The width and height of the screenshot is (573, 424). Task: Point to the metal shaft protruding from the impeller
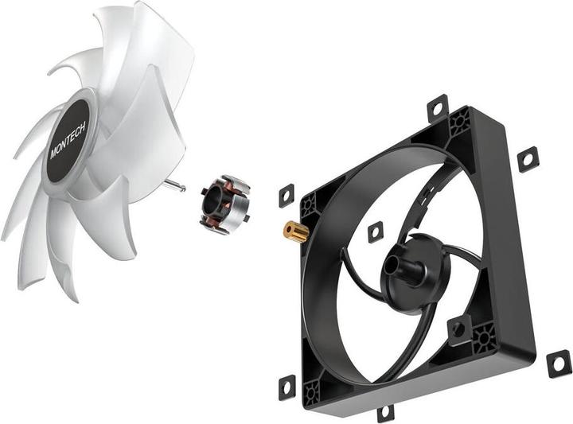click(x=177, y=185)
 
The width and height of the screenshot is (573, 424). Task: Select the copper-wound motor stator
click(x=224, y=206)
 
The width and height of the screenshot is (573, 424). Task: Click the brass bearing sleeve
click(x=296, y=231)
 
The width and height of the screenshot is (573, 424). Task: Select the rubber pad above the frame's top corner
click(x=437, y=109)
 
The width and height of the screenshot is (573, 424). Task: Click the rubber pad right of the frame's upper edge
click(x=528, y=159)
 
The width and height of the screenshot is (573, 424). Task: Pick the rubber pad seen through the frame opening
click(x=375, y=231)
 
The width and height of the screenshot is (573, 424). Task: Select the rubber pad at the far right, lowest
click(x=558, y=363)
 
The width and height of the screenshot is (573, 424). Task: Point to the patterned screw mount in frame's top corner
click(x=459, y=123)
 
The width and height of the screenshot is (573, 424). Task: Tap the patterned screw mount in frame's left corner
click(x=309, y=205)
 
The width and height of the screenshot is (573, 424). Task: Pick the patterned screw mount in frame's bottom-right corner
click(x=483, y=340)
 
